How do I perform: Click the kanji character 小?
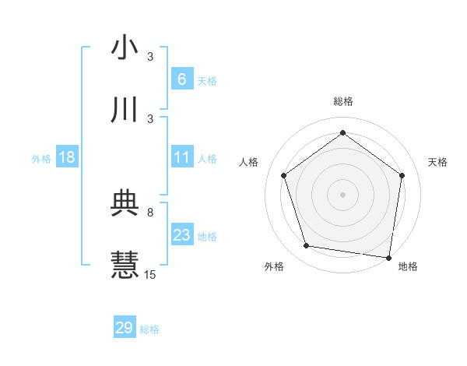click(x=125, y=48)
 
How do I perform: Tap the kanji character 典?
click(x=125, y=203)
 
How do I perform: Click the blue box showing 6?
click(x=181, y=79)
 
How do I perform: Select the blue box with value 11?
click(x=181, y=157)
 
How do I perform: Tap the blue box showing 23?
click(x=181, y=235)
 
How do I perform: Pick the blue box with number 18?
click(x=67, y=157)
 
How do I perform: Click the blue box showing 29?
click(x=125, y=328)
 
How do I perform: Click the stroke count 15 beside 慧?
click(x=150, y=274)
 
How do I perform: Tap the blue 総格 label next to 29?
click(x=149, y=329)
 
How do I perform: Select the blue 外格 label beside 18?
click(x=41, y=158)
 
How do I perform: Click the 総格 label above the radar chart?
click(x=343, y=102)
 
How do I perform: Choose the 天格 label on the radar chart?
click(x=437, y=162)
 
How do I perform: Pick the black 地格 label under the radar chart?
click(x=408, y=266)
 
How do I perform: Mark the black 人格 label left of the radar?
click(x=249, y=162)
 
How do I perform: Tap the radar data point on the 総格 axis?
click(x=343, y=132)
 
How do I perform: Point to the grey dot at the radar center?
click(x=343, y=194)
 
